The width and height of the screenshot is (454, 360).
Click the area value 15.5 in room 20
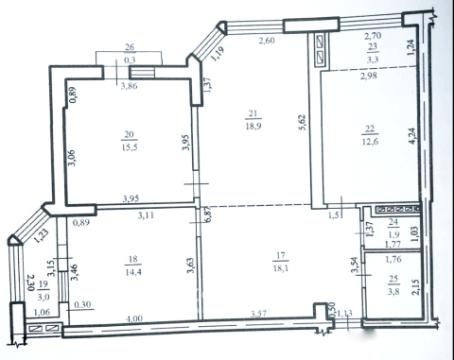128,147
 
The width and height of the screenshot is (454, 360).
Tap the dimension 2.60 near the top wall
267,41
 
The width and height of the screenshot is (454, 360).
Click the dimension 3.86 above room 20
129,88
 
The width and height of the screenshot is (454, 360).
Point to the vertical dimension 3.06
70,159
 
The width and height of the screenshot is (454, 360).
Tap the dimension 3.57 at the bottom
260,319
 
